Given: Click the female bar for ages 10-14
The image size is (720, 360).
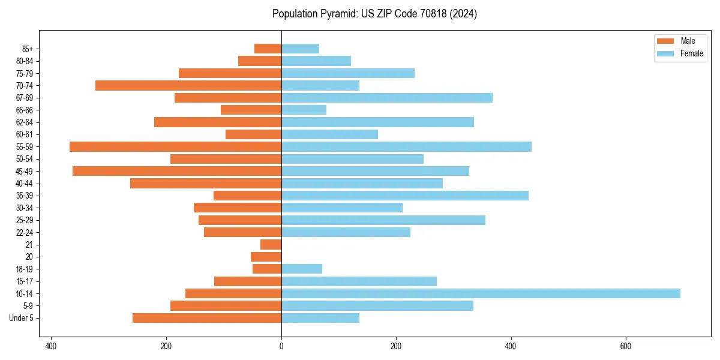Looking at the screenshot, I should tap(480, 293).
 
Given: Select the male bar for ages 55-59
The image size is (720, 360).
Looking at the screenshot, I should tap(175, 146).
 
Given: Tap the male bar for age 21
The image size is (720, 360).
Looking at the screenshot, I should tap(271, 244).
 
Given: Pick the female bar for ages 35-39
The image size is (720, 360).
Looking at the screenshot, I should tap(405, 196).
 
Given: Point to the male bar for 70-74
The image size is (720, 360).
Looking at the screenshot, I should tap(188, 85).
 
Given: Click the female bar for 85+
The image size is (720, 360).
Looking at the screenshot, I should tap(300, 49).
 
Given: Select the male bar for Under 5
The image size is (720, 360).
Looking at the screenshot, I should tap(207, 318).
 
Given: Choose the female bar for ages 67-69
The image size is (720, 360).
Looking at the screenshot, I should tap(387, 98).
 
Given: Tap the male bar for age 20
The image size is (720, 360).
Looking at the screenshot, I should tap(266, 257).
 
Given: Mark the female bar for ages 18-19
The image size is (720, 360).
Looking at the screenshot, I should tap(302, 269).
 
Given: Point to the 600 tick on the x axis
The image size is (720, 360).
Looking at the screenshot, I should tap(626, 346).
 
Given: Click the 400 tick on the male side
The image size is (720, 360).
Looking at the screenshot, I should tap(52, 346).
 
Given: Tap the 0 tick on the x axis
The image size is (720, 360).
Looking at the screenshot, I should tap(281, 346).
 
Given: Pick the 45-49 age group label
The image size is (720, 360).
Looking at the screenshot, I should tap(23, 171).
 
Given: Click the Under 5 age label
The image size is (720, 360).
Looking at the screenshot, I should tap(21, 318).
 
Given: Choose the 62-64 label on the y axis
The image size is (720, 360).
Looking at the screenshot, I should tap(23, 122).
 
